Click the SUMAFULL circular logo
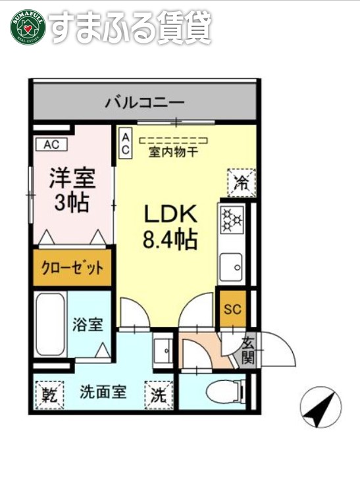tap(27, 27)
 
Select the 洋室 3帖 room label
tap(72, 190)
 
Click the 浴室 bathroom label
tap(88, 324)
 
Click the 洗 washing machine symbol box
tap(159, 395)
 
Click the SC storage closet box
tap(232, 309)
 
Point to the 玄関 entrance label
tap(247, 350)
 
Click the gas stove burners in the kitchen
tap(232, 221)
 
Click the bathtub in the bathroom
tap(50, 326)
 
